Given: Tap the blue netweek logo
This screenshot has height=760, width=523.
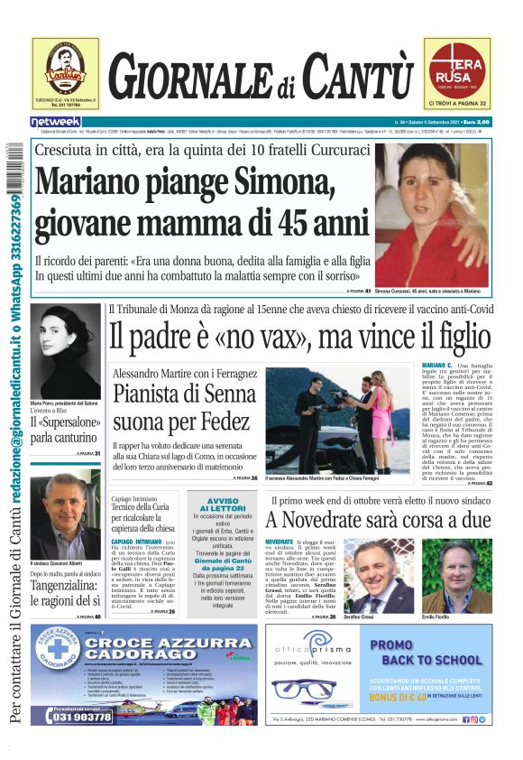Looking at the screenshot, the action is click(x=56, y=121).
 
